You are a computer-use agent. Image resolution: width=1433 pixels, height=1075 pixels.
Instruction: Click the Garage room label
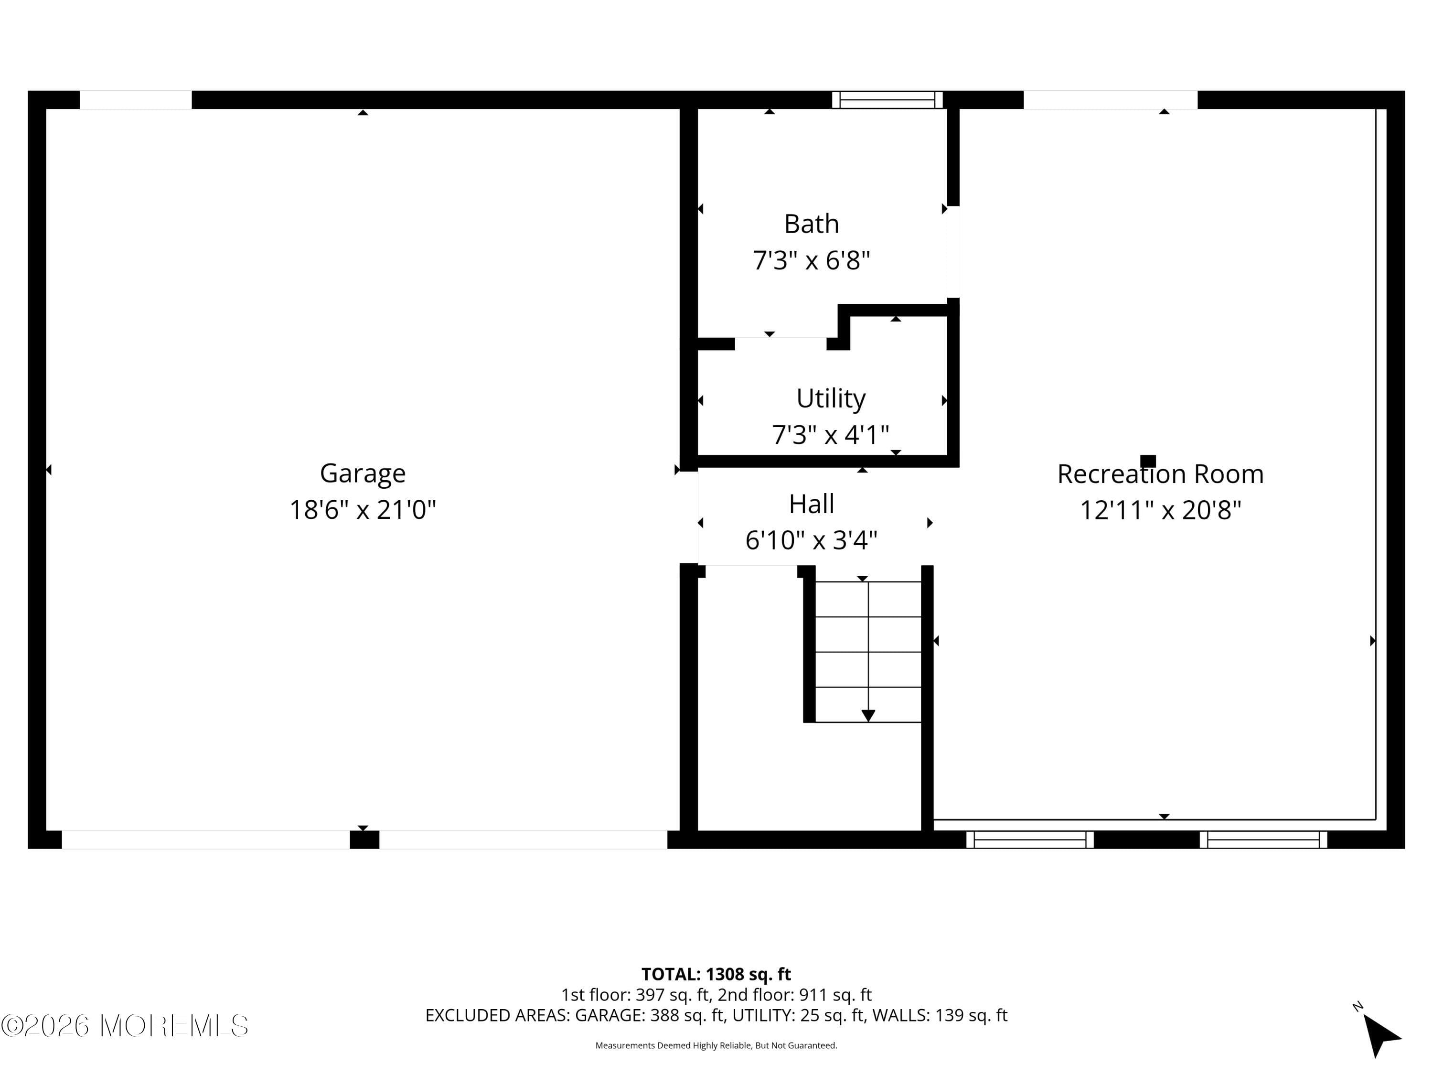(x=363, y=473)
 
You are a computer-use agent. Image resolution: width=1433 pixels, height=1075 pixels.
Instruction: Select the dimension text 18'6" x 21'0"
(x=363, y=510)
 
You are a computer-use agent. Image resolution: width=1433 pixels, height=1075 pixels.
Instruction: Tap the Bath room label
(x=811, y=224)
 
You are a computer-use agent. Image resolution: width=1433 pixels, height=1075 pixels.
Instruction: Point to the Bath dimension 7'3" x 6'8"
(x=811, y=260)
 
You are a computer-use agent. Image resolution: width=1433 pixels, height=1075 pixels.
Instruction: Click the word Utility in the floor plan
(x=831, y=398)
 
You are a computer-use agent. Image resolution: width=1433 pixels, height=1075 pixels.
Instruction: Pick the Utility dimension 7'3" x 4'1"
(x=831, y=435)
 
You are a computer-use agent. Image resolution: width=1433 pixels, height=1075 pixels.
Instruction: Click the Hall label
(x=811, y=504)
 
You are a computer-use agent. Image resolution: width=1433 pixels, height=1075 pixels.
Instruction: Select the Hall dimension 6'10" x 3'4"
(x=811, y=540)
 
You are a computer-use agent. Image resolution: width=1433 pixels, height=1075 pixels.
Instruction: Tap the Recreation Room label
(x=1160, y=473)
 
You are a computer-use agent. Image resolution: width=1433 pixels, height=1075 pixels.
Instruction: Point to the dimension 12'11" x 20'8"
(x=1160, y=510)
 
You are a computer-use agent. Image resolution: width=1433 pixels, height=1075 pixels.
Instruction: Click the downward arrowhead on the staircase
(x=868, y=715)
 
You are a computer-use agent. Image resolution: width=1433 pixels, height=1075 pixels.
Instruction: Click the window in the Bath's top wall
(x=887, y=100)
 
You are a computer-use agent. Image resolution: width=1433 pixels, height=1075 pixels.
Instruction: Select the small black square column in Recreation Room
(x=1148, y=461)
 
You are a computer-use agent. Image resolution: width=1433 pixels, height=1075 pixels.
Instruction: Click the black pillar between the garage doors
(x=364, y=840)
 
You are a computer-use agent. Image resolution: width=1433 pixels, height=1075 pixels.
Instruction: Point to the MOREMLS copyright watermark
(x=124, y=1026)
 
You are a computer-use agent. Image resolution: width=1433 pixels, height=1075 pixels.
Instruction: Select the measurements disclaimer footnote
(x=716, y=1045)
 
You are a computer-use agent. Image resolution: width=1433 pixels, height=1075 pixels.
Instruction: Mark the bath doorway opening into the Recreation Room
(x=953, y=251)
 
